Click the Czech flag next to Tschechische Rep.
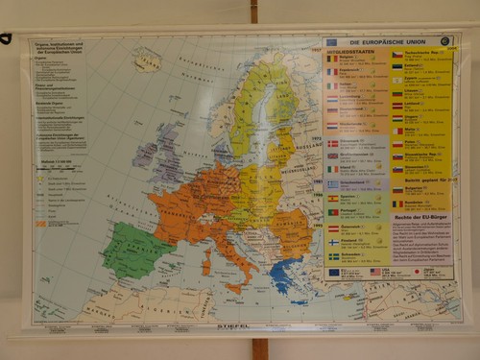[x=396, y=55]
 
